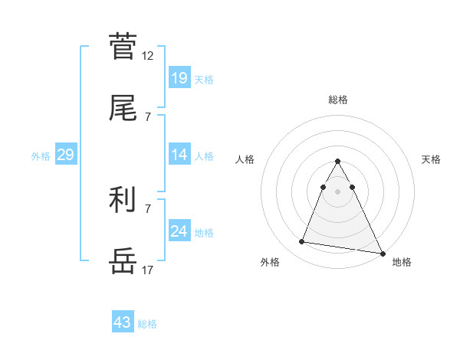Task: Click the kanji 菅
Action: click(123, 46)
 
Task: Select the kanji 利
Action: click(123, 201)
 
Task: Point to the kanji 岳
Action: click(123, 261)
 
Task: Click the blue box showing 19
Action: click(179, 77)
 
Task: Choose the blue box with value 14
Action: click(179, 155)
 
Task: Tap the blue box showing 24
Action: click(179, 231)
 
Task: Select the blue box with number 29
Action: click(65, 155)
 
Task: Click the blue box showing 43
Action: click(122, 322)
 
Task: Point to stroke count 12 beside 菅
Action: click(148, 56)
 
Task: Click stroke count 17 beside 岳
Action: click(148, 270)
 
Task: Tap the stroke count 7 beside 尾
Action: click(148, 116)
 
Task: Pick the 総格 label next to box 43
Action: click(147, 323)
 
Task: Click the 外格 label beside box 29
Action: click(41, 155)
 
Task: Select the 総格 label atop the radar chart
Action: click(337, 100)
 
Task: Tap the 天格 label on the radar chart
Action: click(431, 159)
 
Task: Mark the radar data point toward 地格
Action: click(382, 254)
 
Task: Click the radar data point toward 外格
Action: click(302, 242)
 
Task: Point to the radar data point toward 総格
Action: click(337, 161)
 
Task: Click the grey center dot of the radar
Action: click(337, 191)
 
